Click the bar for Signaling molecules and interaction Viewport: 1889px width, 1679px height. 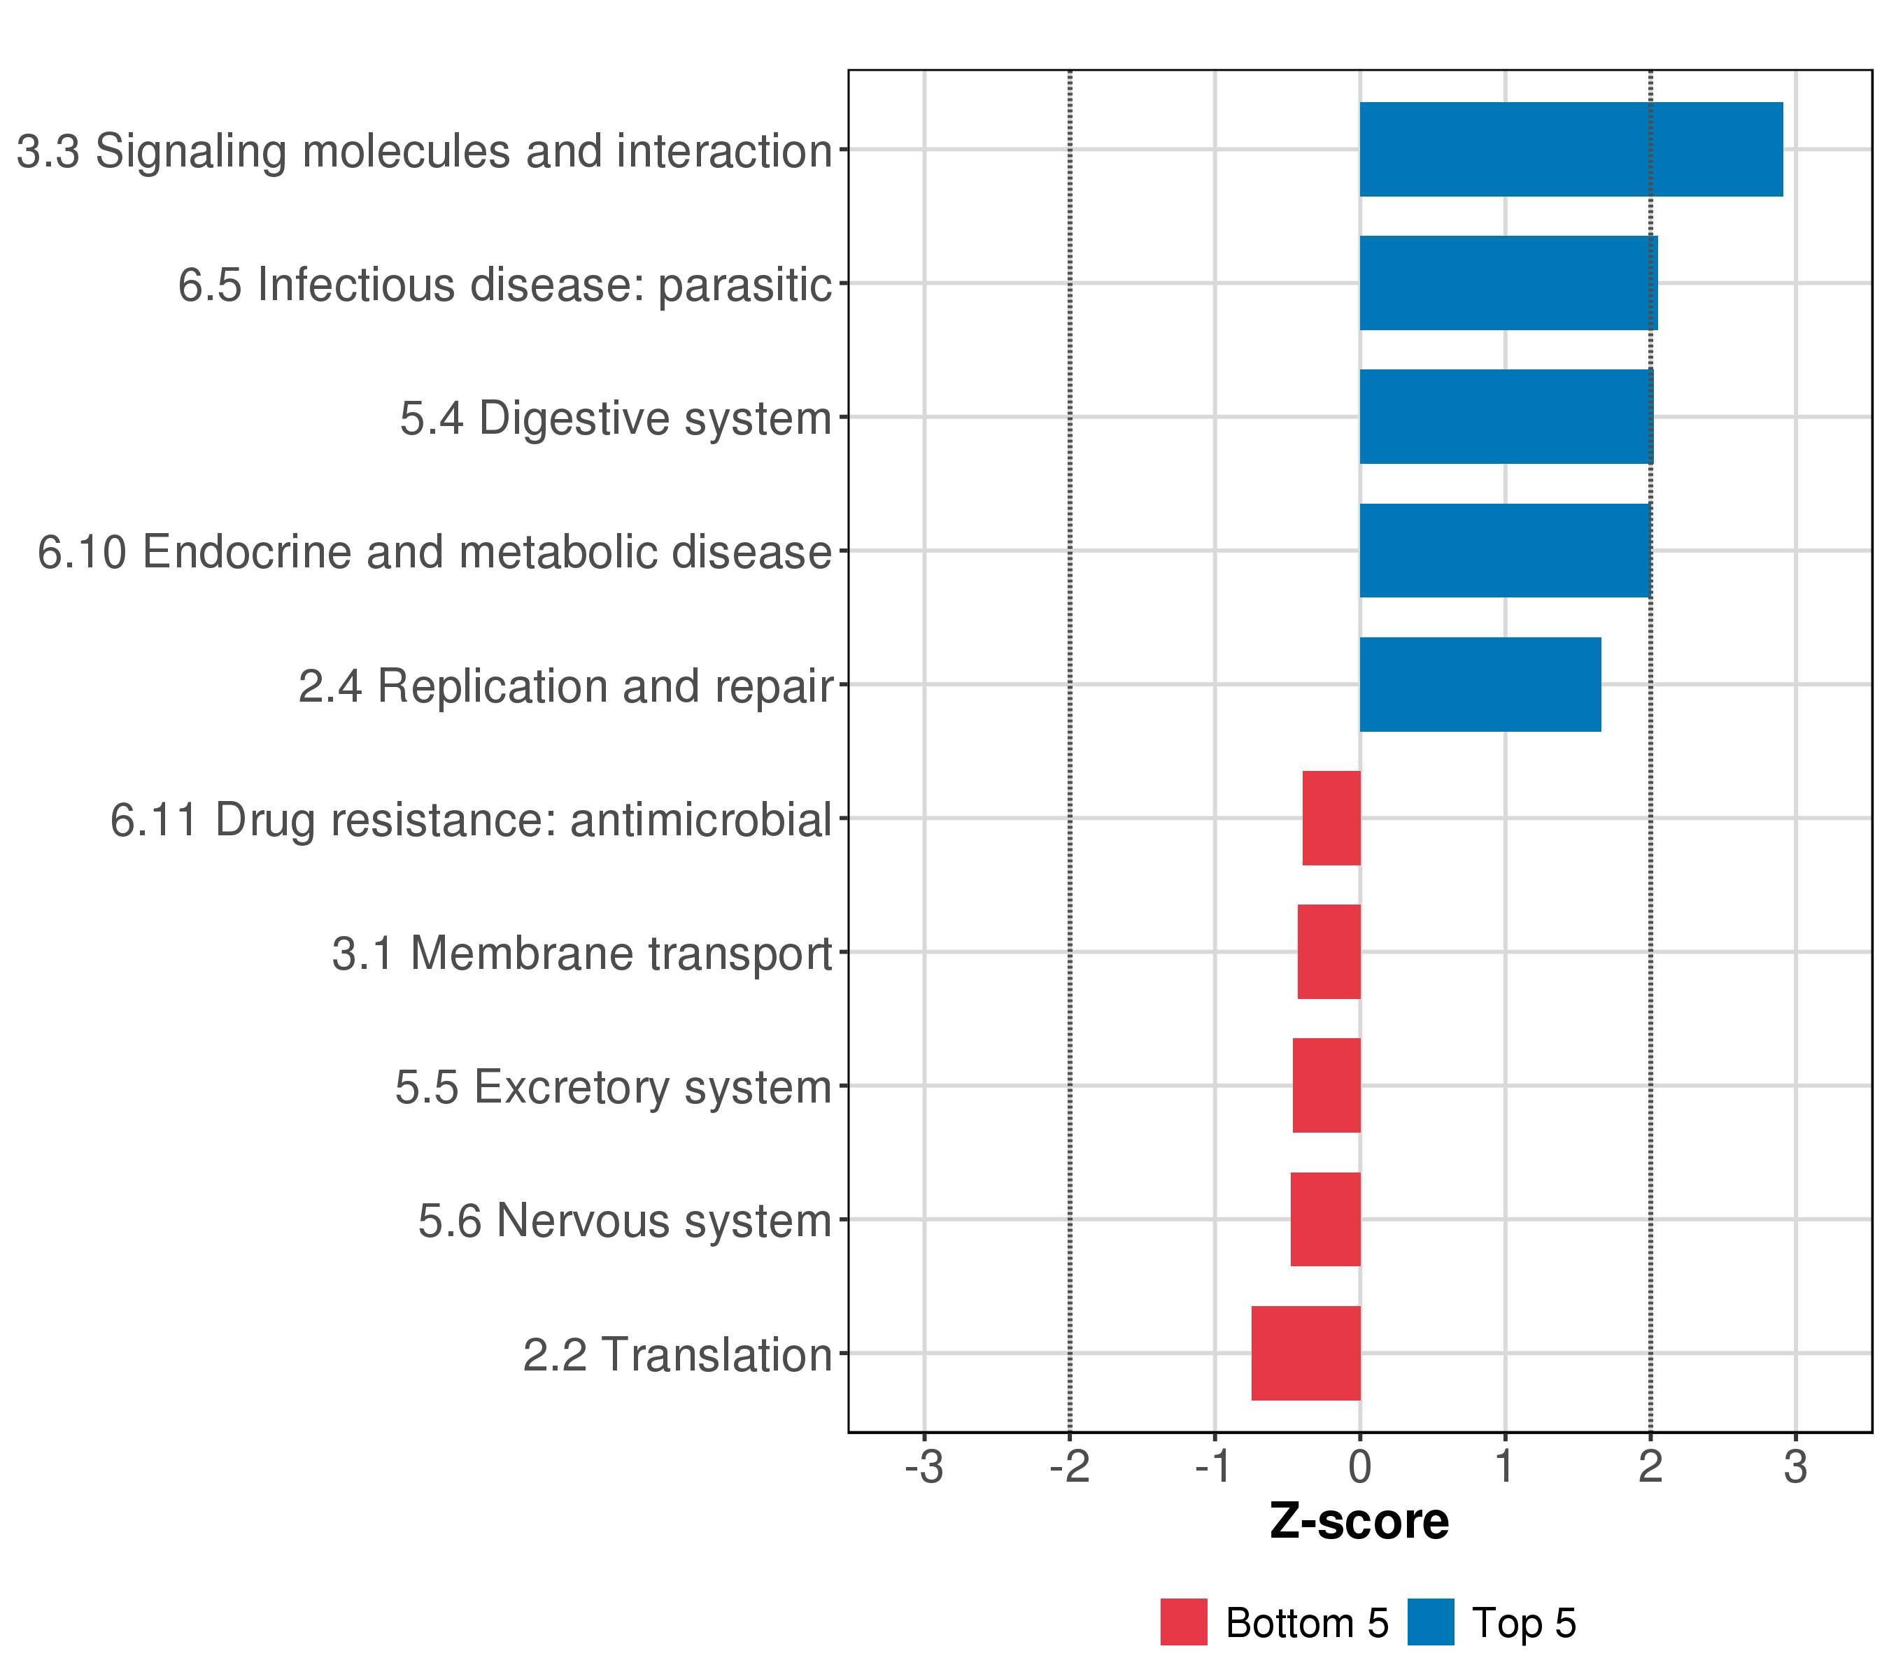click(x=1571, y=149)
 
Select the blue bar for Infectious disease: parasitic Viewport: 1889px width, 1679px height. click(x=1508, y=283)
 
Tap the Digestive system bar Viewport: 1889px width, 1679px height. click(x=1506, y=417)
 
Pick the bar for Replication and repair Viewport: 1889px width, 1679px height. click(x=1480, y=685)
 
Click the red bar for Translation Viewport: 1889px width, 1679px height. click(x=1306, y=1353)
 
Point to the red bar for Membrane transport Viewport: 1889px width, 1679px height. click(x=1329, y=951)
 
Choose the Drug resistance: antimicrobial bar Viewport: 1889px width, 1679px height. click(x=1331, y=818)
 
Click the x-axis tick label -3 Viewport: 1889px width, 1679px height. click(x=924, y=1468)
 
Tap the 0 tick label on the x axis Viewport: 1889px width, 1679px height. click(x=1359, y=1468)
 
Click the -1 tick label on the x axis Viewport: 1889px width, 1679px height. click(x=1213, y=1468)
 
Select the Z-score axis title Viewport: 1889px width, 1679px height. click(x=1359, y=1522)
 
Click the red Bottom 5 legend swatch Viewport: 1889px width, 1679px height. click(x=1184, y=1622)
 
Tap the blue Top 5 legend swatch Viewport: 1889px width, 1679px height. click(x=1431, y=1622)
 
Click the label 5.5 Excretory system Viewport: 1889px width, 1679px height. click(x=614, y=1086)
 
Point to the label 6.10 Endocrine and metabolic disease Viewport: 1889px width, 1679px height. click(x=434, y=552)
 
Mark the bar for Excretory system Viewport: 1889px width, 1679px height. click(x=1326, y=1085)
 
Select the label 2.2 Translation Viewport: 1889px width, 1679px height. click(x=677, y=1354)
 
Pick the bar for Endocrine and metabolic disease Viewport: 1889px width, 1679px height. click(x=1506, y=551)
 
